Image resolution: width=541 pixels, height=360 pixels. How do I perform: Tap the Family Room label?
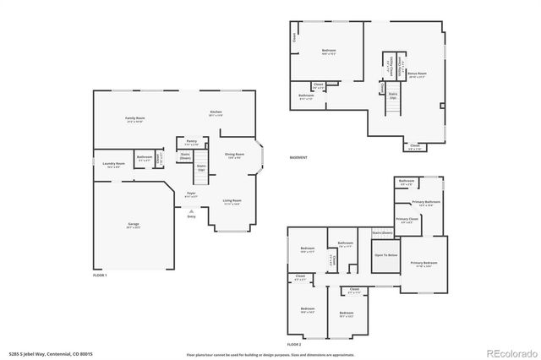point(134,118)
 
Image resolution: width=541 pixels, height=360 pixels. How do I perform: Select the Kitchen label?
point(216,112)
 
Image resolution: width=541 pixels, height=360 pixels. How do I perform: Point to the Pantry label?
point(192,143)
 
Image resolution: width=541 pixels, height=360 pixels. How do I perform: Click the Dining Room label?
point(234,155)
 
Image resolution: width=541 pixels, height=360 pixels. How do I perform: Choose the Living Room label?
point(232,201)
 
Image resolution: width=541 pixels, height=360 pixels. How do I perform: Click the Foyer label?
point(191,194)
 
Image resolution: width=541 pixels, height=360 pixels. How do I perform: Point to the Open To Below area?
point(385,254)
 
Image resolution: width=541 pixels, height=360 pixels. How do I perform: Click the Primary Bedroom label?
point(424,263)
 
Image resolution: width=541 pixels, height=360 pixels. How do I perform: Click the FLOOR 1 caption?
point(100,275)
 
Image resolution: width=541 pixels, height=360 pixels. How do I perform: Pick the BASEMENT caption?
point(298,157)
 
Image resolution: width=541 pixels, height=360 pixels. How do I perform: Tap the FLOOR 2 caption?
point(293,345)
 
